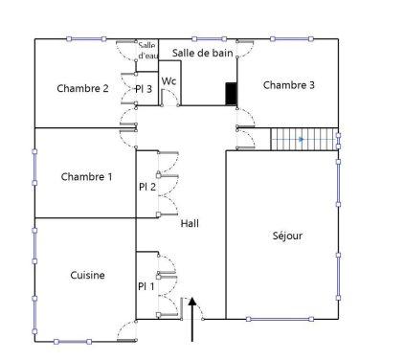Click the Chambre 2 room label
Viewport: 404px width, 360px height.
click(x=82, y=89)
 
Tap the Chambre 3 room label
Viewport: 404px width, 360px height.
click(x=289, y=85)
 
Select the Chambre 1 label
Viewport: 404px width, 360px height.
click(x=86, y=177)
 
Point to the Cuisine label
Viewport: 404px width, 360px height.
click(x=87, y=276)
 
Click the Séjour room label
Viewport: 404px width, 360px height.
click(x=287, y=235)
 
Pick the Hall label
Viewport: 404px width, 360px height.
click(x=190, y=223)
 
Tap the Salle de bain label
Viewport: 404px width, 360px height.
click(x=203, y=53)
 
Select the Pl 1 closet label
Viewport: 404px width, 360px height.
click(x=146, y=285)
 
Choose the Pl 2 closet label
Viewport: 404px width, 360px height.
click(x=146, y=187)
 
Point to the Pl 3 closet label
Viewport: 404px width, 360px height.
click(x=145, y=89)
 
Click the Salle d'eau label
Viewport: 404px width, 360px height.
click(x=146, y=51)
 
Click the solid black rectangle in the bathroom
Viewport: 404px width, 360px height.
click(x=231, y=94)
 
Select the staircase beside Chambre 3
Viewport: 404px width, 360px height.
click(x=304, y=140)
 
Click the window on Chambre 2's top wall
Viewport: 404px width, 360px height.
click(x=87, y=39)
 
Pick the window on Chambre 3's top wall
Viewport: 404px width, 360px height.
click(x=290, y=39)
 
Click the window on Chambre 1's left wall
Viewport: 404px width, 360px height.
click(x=35, y=176)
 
